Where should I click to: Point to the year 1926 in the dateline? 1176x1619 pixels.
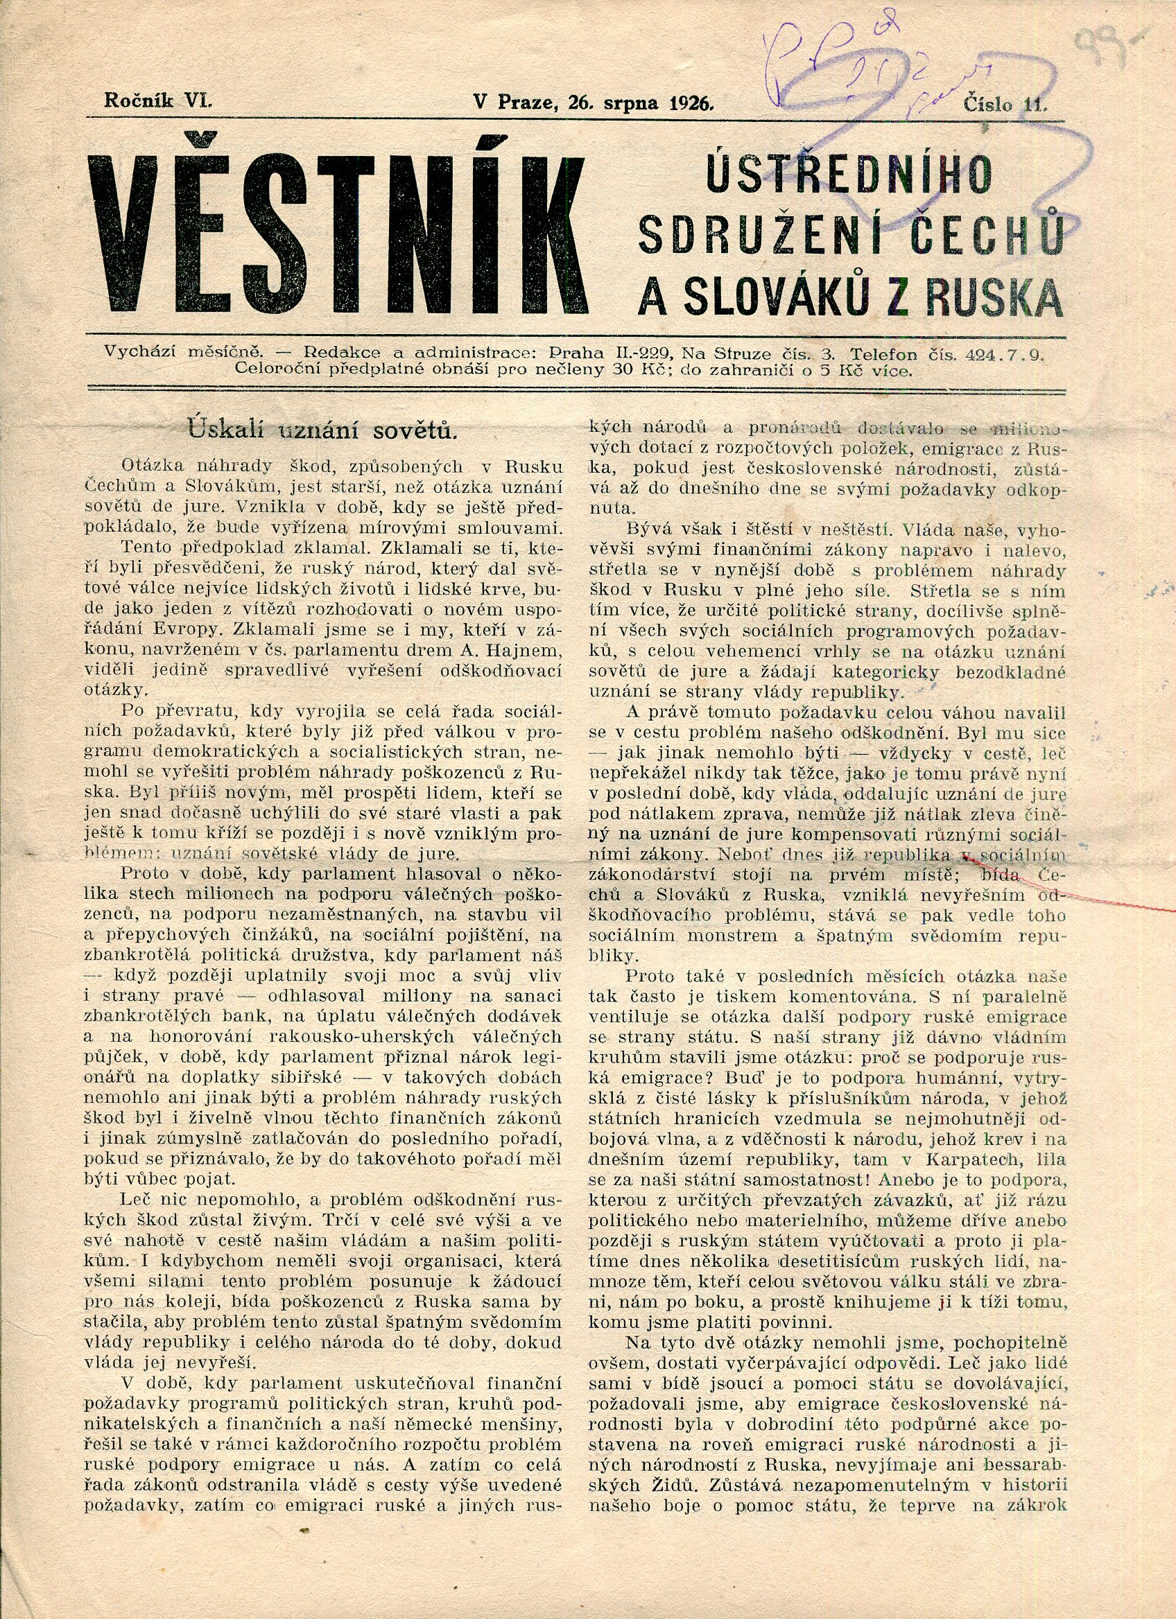tap(692, 102)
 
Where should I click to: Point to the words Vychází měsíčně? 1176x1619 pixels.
tap(185, 353)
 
